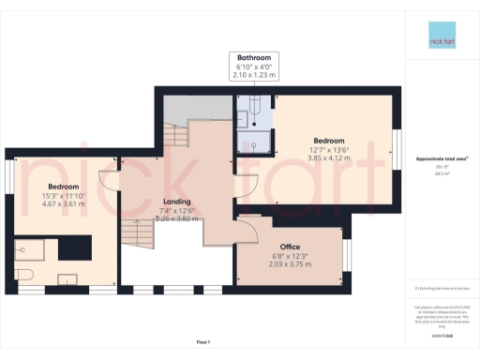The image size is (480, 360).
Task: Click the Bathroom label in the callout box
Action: (255, 57)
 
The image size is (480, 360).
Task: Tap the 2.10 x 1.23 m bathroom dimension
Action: (255, 75)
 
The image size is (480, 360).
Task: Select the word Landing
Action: (177, 202)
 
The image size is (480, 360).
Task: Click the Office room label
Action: (290, 221)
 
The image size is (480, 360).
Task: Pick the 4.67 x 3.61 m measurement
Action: (63, 203)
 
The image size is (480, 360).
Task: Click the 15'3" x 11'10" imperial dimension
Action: (63, 194)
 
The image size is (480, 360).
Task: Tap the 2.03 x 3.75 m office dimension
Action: (290, 239)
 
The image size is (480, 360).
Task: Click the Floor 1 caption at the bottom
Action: (203, 341)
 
